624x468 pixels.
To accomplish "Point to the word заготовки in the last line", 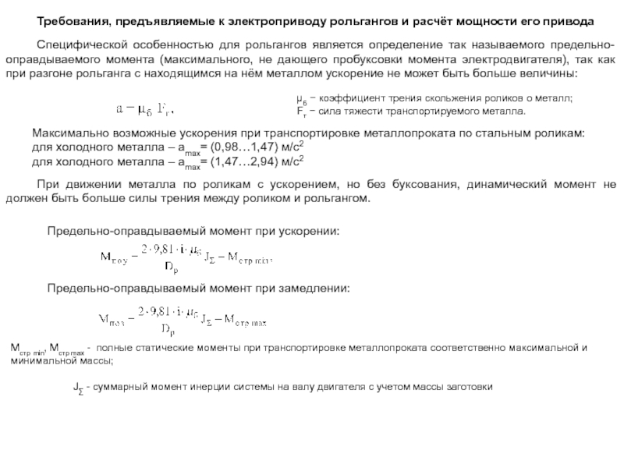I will tap(470, 387).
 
